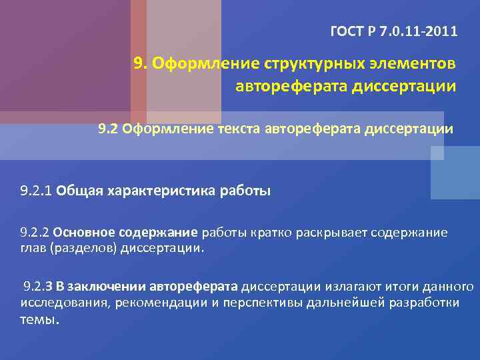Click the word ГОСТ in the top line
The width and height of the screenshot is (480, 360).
(345, 31)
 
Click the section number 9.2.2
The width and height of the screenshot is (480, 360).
(35, 233)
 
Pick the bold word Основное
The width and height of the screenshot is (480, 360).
(83, 233)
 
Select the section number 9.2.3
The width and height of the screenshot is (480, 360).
(38, 287)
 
